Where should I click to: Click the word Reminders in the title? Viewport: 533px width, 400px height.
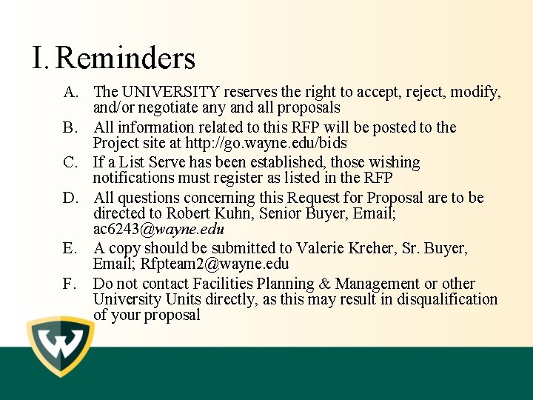125,58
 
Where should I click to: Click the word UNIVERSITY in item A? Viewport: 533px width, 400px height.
170,93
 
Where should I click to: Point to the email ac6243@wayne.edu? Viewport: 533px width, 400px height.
158,229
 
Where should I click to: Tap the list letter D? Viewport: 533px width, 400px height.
70,198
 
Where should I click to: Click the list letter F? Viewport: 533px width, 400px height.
70,284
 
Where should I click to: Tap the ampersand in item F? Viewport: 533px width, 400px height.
323,284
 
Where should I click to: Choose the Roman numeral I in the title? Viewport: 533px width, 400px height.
39,58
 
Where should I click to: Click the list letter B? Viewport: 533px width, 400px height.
70,127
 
